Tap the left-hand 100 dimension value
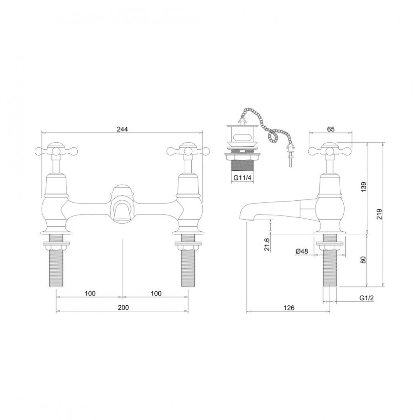[x=90, y=293]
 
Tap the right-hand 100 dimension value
[x=156, y=293]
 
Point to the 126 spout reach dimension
[x=289, y=308]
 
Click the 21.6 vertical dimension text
[x=267, y=245]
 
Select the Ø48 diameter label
[x=301, y=252]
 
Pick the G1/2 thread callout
[x=366, y=298]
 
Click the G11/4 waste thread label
[x=241, y=178]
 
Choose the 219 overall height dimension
[x=380, y=214]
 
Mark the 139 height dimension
[x=362, y=189]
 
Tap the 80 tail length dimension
[x=362, y=260]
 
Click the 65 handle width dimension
[x=331, y=129]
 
